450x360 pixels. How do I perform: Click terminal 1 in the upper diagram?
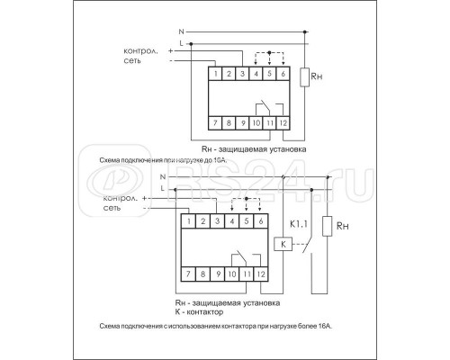tap(216, 72)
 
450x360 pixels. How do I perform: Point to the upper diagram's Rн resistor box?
tap(310, 78)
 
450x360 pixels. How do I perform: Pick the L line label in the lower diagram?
tap(163, 188)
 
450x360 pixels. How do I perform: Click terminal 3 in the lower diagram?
tap(219, 220)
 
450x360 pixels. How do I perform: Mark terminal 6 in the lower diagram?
tap(261, 220)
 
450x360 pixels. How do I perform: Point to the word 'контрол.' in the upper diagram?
tap(139, 51)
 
